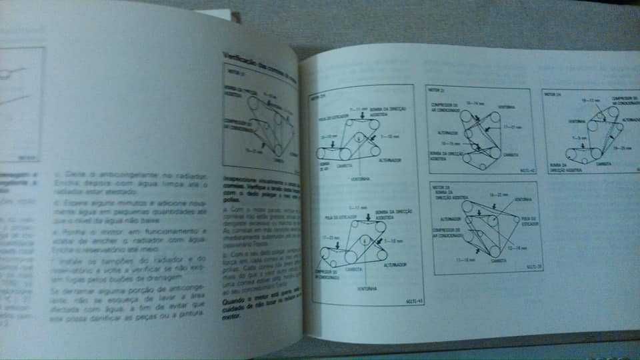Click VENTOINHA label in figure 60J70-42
(506, 107)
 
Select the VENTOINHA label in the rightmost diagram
(577, 121)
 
